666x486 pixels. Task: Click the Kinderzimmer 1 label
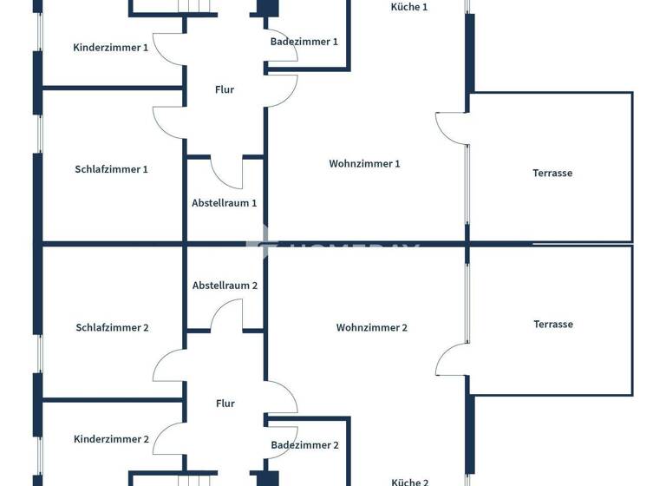111,48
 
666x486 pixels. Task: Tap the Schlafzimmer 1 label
112,169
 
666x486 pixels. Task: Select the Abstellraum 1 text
225,203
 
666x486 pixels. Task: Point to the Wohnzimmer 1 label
364,164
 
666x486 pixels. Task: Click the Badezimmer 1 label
304,42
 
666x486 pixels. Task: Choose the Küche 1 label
409,7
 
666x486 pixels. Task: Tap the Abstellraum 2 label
225,286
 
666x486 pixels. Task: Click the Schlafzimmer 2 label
113,328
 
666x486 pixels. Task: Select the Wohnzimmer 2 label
372,328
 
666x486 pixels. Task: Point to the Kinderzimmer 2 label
112,439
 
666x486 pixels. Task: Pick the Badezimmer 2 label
304,445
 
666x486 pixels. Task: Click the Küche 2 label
410,482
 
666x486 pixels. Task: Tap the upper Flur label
225,89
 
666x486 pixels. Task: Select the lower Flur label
225,404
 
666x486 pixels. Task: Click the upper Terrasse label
552,174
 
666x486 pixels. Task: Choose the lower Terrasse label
553,325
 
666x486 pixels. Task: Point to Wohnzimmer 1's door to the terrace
451,128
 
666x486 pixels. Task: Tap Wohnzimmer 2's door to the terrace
451,359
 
